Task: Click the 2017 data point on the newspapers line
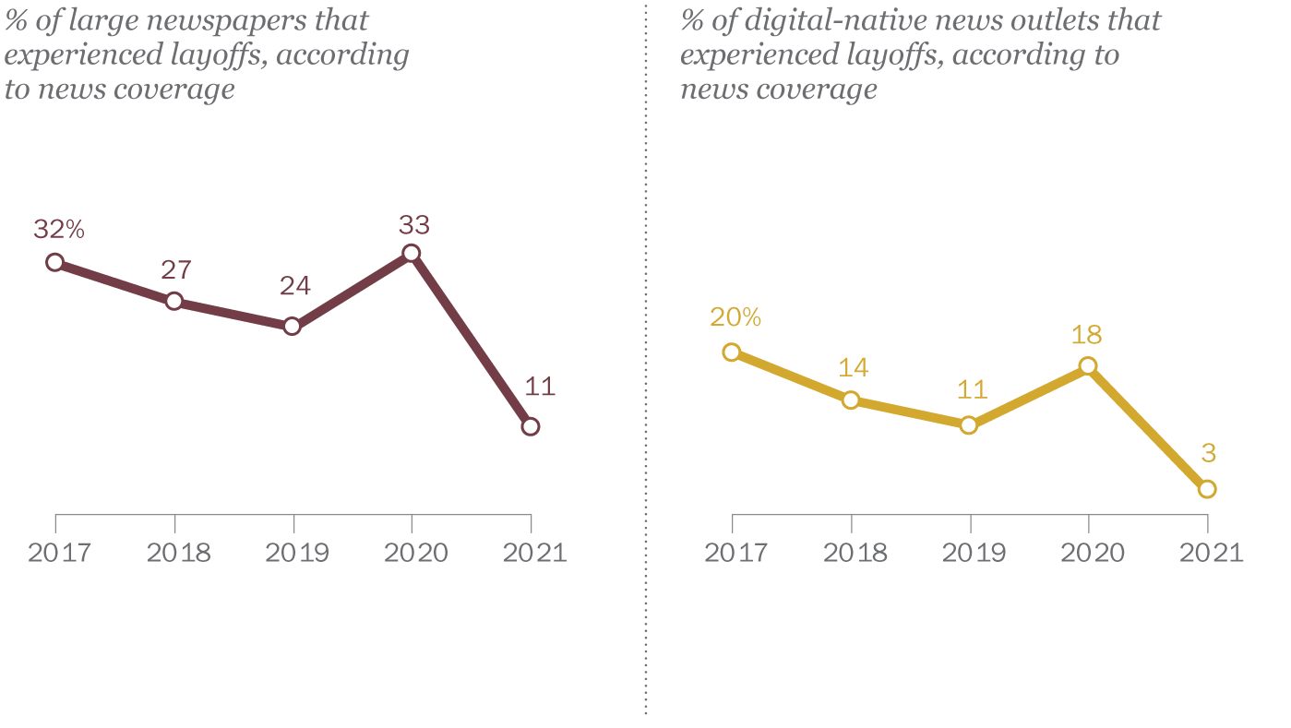tap(55, 262)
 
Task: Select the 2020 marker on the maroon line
tap(412, 254)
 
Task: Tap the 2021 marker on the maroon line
tap(530, 426)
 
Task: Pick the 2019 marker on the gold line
tap(969, 425)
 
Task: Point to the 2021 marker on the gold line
tap(1207, 489)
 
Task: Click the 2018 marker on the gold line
tap(851, 400)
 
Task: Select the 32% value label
tap(59, 230)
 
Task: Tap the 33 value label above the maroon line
tap(414, 224)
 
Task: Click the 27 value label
tap(176, 269)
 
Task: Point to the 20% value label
tap(735, 317)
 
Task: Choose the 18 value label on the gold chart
tap(1087, 334)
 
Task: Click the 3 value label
tap(1208, 453)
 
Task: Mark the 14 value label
tap(854, 367)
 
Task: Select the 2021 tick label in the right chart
tap(1211, 553)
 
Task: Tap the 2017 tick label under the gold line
tap(735, 553)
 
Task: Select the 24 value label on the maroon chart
tap(295, 286)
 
